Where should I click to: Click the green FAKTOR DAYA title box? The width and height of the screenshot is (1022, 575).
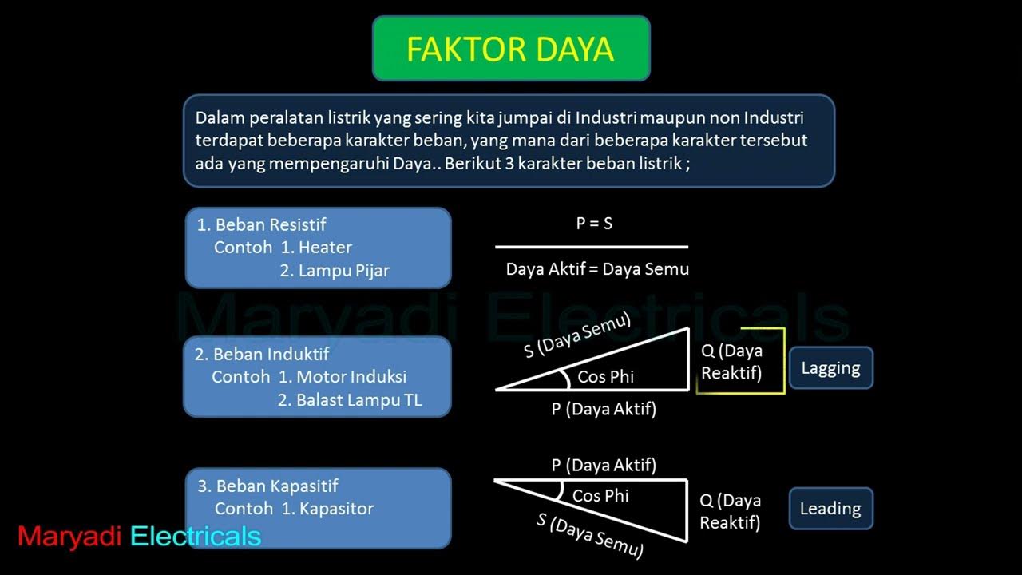[511, 49]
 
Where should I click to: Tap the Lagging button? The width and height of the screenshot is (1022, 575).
[830, 368]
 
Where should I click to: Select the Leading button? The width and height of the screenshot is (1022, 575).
[830, 509]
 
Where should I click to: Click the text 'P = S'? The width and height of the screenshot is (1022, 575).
[594, 224]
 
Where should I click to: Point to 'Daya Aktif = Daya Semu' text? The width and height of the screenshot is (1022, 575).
[597, 269]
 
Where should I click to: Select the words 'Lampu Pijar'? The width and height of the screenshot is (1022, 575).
[343, 271]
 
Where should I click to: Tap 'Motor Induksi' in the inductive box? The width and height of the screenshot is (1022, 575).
[351, 376]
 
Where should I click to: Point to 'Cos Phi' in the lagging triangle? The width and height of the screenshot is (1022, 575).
[605, 376]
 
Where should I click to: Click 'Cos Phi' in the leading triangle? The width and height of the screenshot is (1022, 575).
[600, 496]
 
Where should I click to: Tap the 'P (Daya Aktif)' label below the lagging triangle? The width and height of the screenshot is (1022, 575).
[604, 410]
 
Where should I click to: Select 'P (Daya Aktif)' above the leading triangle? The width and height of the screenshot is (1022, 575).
[604, 465]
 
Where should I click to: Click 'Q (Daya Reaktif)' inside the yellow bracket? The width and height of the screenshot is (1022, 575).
[731, 361]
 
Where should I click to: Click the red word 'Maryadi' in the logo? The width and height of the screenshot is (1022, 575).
[69, 537]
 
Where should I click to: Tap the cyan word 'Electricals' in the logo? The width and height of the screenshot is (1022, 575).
[196, 537]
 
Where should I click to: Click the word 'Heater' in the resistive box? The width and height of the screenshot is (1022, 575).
[325, 248]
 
